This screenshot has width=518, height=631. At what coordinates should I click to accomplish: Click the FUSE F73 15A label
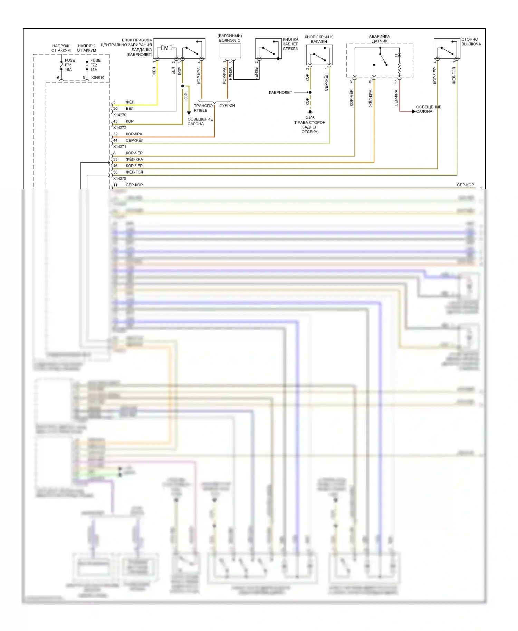point(69,65)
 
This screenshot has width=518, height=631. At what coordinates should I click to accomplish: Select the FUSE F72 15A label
point(95,65)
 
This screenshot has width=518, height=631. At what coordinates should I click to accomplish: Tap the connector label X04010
point(98,78)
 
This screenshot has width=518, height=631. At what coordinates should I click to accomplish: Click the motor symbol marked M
point(166,48)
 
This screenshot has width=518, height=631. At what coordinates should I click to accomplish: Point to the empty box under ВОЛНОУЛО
point(230,51)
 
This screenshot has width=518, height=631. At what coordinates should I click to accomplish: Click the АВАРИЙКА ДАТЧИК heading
point(379,39)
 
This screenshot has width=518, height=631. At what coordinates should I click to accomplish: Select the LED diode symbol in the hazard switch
point(399,55)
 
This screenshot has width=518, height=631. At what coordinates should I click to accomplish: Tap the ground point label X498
point(310,118)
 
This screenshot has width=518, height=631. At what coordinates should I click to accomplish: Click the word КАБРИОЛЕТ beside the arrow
point(280,93)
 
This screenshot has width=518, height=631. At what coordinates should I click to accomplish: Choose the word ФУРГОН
point(227,105)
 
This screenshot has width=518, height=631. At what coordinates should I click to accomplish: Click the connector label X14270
point(120,115)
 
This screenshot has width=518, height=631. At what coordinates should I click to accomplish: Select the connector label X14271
point(120,147)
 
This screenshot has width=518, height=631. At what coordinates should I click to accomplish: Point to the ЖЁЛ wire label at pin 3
point(130,102)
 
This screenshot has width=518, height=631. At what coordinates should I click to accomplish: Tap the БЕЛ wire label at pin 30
point(129,108)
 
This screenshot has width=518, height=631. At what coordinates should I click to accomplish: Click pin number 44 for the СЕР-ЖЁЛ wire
point(115,140)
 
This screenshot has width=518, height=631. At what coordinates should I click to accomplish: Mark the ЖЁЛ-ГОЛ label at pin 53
point(134,172)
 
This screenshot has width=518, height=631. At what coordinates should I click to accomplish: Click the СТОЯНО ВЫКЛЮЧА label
point(471,42)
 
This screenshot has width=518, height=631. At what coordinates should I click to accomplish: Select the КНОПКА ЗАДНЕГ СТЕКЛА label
point(290,44)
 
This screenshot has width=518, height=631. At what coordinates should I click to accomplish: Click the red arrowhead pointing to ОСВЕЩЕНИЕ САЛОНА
point(414,111)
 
